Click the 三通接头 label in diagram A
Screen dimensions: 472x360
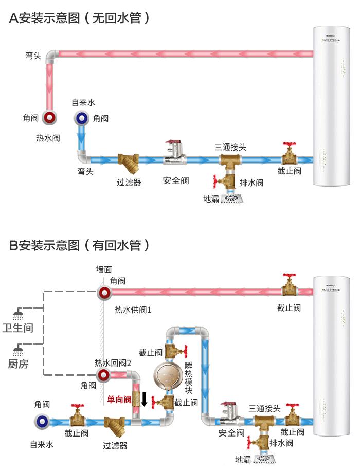[230, 147]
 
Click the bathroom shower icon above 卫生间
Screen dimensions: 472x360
[18, 314]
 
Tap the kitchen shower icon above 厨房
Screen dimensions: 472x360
[18, 350]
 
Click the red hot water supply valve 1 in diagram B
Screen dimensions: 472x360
[104, 293]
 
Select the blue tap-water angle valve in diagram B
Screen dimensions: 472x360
[43, 422]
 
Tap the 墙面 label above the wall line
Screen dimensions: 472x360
[104, 269]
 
